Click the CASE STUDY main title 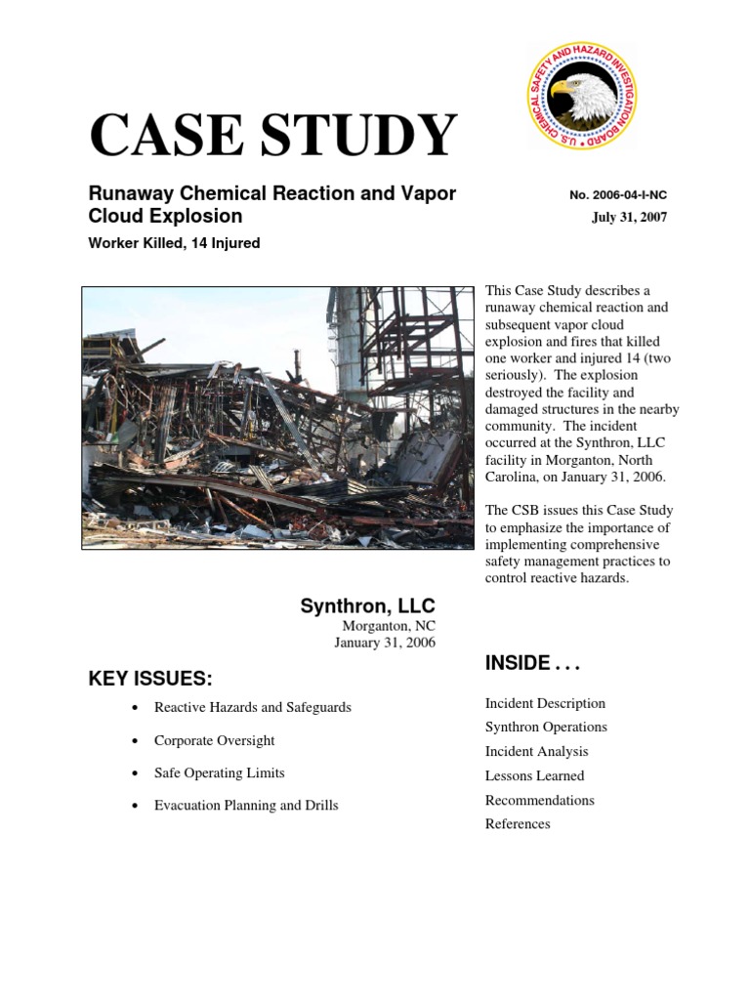(272, 136)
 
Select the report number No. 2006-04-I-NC (617, 195)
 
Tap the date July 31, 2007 (629, 217)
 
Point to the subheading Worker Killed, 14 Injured (174, 243)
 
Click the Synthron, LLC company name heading (367, 606)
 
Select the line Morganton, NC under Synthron (389, 625)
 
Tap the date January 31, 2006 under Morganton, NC (385, 643)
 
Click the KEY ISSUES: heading (150, 679)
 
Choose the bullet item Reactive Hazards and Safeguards (252, 707)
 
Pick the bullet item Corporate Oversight (214, 740)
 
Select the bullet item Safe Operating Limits (219, 772)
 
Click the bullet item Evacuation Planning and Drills (246, 806)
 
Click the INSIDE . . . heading (532, 664)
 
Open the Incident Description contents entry (545, 703)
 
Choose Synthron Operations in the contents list (546, 728)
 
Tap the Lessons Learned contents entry (534, 776)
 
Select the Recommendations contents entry (539, 800)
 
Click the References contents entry (518, 824)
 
